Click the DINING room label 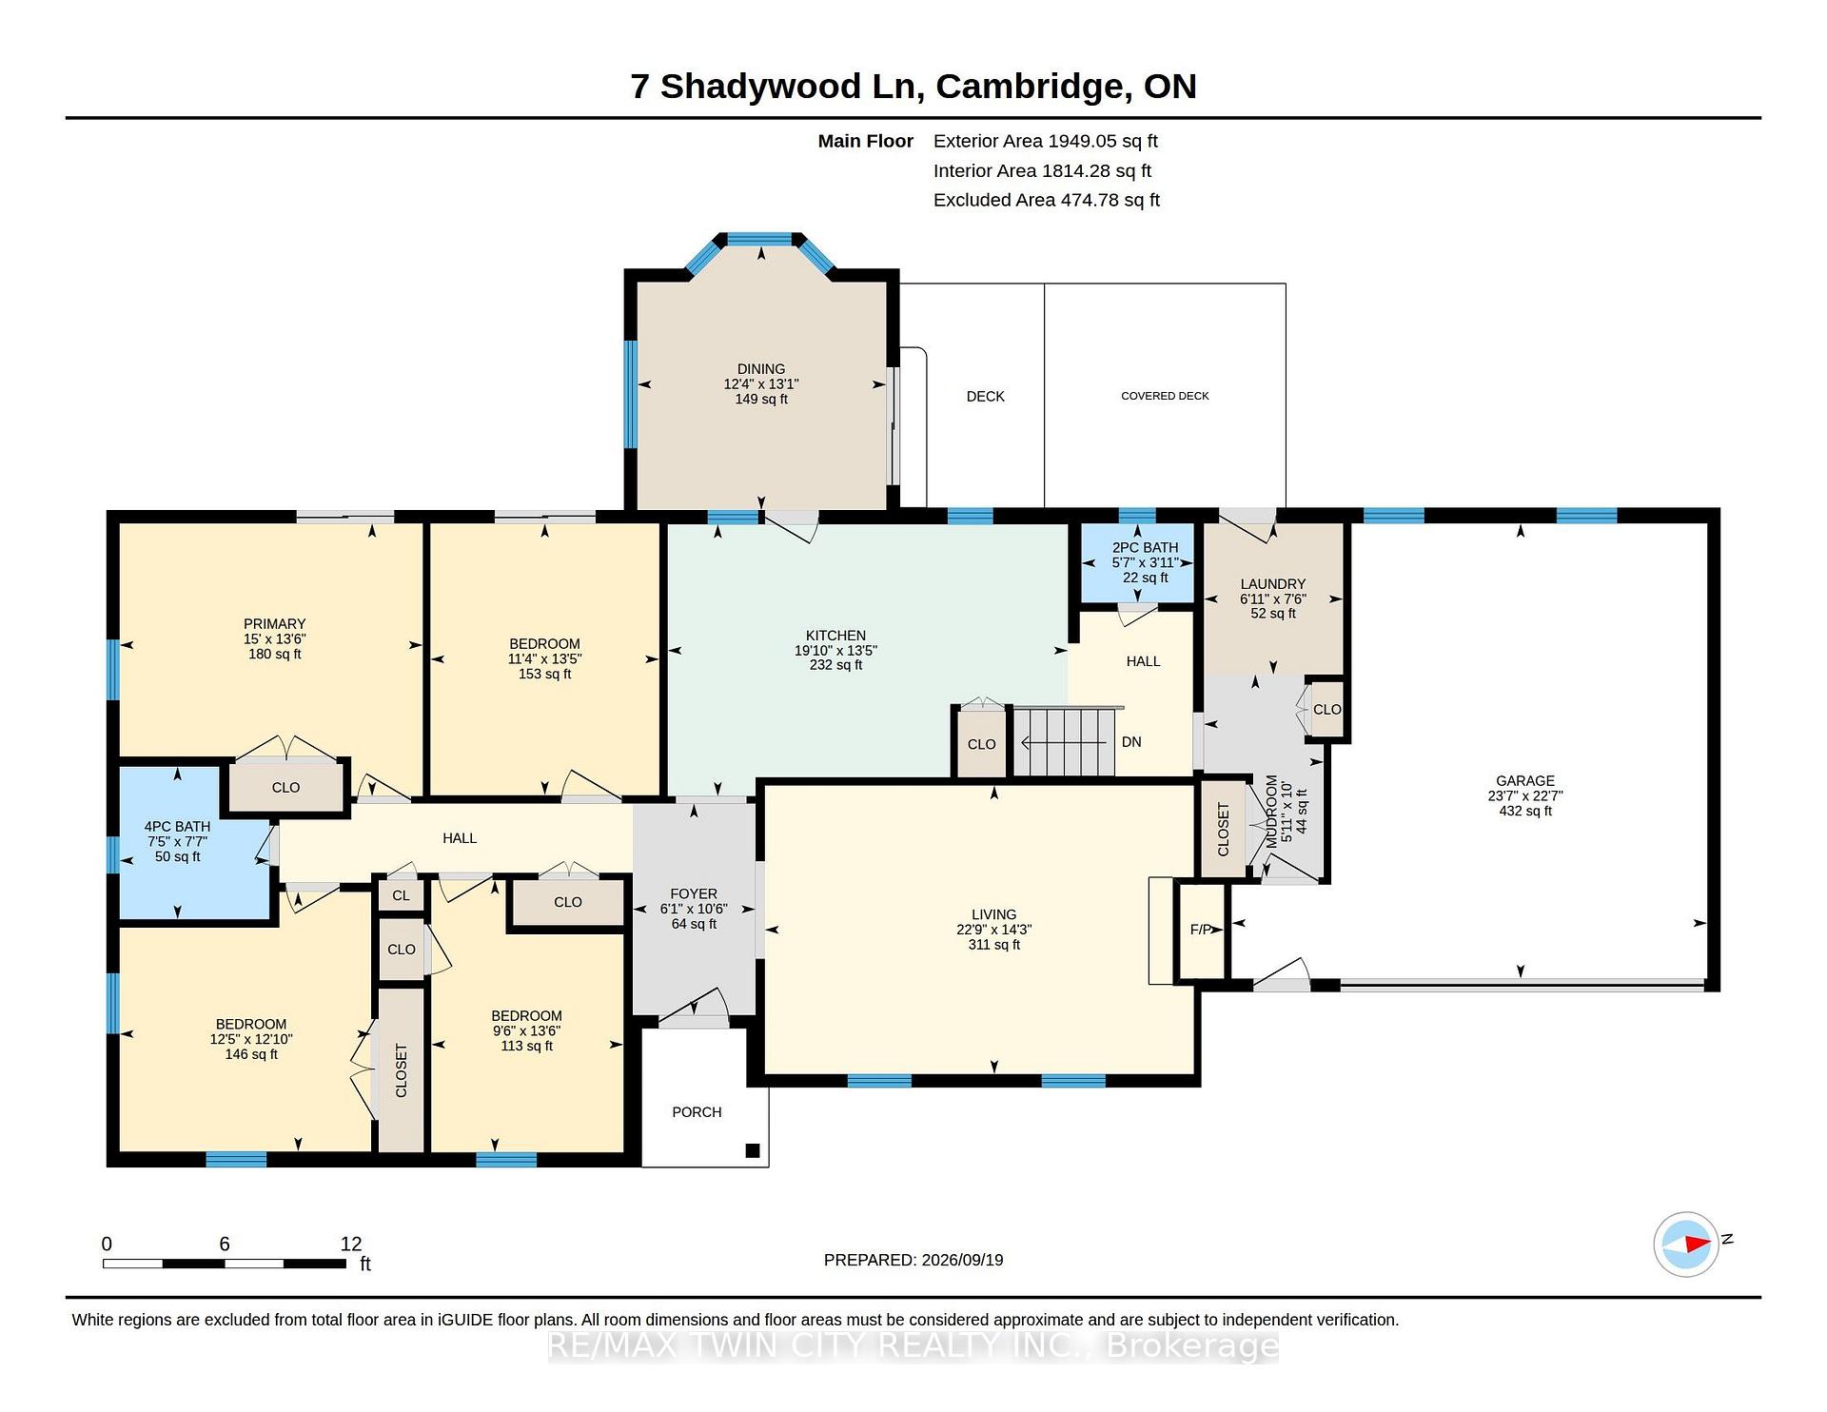click(x=761, y=369)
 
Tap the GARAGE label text click(x=1525, y=781)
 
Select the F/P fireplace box click(x=1202, y=930)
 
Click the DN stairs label click(x=1131, y=742)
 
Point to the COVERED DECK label click(x=1165, y=396)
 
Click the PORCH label click(x=697, y=1112)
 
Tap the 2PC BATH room click(x=1137, y=562)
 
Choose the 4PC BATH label click(x=177, y=827)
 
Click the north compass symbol click(x=1687, y=1244)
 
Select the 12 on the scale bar click(x=351, y=1244)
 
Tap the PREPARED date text click(x=913, y=1260)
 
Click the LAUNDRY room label click(x=1273, y=584)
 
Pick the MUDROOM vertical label click(x=1271, y=812)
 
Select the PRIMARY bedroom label click(x=274, y=624)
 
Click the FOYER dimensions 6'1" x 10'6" click(x=694, y=909)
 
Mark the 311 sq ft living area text click(x=994, y=945)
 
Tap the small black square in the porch click(x=753, y=1150)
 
